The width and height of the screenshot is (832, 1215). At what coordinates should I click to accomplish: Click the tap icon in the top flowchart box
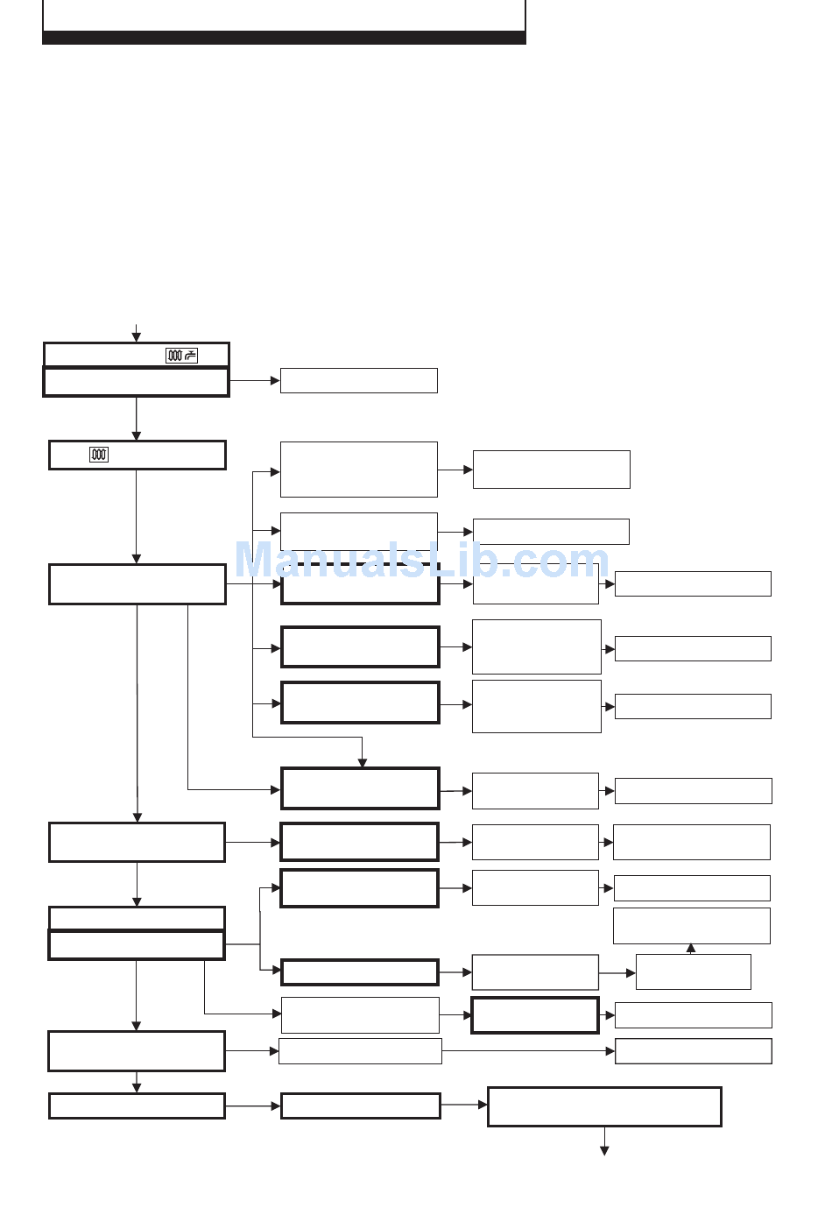click(x=191, y=355)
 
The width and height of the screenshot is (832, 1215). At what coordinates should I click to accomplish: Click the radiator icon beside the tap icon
click(x=174, y=355)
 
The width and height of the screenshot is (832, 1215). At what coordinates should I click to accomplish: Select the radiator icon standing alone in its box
click(x=99, y=455)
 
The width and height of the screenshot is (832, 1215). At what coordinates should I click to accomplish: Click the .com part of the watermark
click(x=561, y=561)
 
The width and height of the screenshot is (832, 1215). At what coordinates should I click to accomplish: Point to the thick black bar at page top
click(x=284, y=38)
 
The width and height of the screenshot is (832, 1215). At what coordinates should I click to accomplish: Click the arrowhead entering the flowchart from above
click(x=137, y=337)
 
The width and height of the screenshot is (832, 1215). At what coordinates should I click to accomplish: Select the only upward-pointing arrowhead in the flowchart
click(x=691, y=948)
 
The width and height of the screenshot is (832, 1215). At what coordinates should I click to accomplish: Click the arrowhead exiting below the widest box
click(x=604, y=1150)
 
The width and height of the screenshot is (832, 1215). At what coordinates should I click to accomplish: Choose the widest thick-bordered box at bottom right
click(x=604, y=1106)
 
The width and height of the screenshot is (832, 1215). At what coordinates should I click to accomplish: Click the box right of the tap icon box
click(x=358, y=380)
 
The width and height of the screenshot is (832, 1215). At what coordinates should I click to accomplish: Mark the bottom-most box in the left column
click(x=137, y=1106)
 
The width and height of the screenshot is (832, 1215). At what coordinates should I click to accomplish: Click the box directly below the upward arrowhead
click(x=693, y=971)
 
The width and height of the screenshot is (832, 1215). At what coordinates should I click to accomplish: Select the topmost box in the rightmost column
click(x=693, y=583)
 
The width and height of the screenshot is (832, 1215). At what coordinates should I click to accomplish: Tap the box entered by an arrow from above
click(x=359, y=788)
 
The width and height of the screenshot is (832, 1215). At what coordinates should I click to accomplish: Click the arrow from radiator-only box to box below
click(x=137, y=517)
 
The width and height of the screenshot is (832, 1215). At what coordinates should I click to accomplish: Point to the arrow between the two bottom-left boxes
click(x=137, y=1083)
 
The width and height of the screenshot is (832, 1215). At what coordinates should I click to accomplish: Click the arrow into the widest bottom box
click(x=463, y=1106)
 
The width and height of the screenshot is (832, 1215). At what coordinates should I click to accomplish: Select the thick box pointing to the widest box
click(x=360, y=1106)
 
